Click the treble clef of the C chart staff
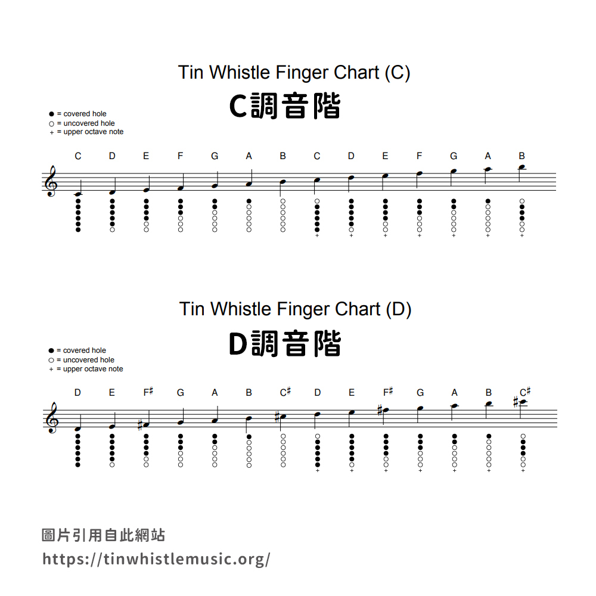tap(51, 181)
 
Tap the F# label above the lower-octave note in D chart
tap(148, 392)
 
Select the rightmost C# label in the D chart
tap(525, 392)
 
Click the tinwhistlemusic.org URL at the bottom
tap(156, 559)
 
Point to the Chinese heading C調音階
tap(285, 106)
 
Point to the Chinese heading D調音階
tap(285, 343)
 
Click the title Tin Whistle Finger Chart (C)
tap(294, 72)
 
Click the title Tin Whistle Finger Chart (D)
tap(296, 309)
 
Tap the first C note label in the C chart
tap(78, 156)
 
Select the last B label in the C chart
tap(522, 156)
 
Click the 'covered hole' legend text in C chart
tap(85, 114)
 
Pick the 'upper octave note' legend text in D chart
tap(93, 369)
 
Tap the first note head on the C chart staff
tap(78, 194)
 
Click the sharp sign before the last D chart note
tap(516, 402)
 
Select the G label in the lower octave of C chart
tap(215, 156)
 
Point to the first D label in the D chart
tap(77, 392)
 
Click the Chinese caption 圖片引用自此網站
tap(103, 535)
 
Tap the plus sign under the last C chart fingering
tap(522, 235)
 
